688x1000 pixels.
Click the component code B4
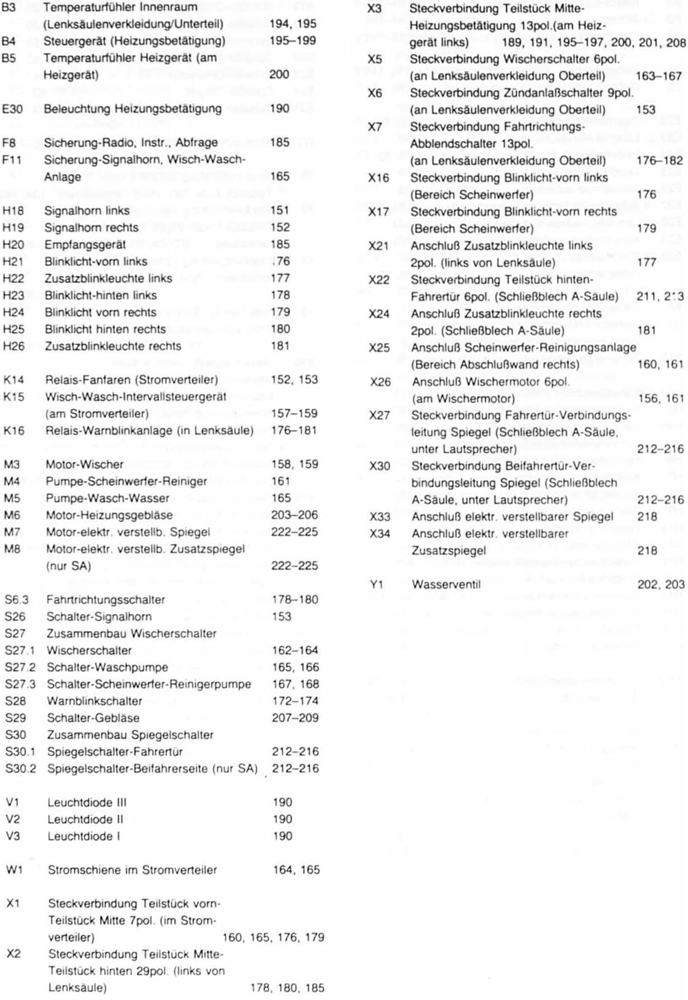pos(9,41)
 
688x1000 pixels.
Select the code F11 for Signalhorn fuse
pos(12,159)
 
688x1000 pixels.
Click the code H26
pos(13,346)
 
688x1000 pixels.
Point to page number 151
pos(279,210)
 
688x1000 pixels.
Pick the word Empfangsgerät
pos(85,245)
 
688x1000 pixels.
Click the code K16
pos(14,430)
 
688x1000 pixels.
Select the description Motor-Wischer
pos(85,464)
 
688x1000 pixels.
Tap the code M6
pos(12,515)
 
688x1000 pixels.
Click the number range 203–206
pos(294,515)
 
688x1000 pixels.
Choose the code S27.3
pos(20,684)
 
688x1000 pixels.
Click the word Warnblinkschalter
pos(95,701)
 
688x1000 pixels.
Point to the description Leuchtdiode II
pos(85,819)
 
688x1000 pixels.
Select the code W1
pos(14,870)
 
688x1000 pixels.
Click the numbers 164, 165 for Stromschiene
pos(296,870)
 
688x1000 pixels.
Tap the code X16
pos(378,178)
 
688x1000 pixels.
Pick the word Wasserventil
pos(446,584)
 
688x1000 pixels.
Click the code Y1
pos(376,584)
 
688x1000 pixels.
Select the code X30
pos(380,466)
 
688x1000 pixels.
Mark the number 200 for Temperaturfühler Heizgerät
pos(279,74)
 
